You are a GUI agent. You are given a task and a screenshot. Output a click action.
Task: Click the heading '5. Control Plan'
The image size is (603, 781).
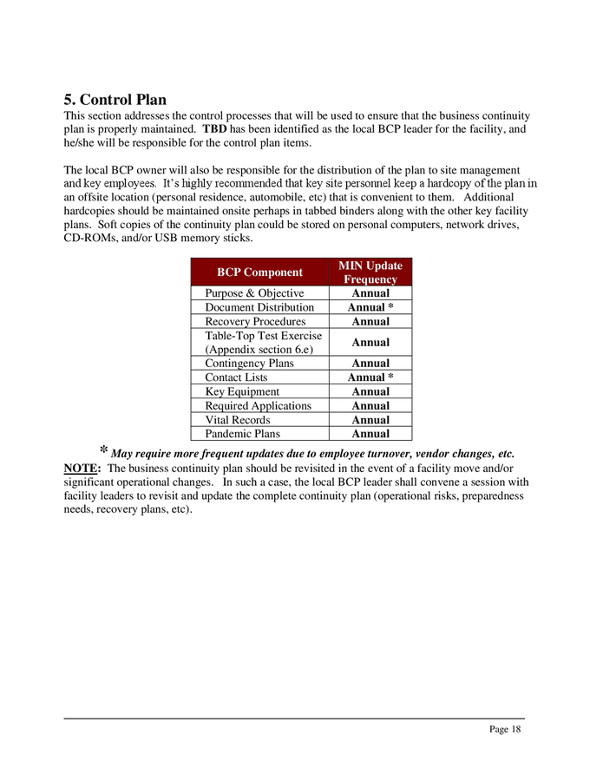(x=115, y=100)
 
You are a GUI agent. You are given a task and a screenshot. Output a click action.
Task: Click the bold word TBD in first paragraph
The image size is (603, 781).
(x=214, y=129)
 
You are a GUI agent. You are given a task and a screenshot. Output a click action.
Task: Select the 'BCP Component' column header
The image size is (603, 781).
(x=259, y=272)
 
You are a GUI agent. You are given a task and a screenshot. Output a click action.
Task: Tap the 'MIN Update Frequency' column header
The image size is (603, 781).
(x=370, y=272)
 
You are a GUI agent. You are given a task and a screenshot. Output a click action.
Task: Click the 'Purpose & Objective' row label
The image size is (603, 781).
(x=254, y=293)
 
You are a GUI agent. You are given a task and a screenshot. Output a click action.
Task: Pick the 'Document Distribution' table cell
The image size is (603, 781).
(x=259, y=307)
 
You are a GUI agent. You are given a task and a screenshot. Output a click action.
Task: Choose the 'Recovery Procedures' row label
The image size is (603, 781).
(x=255, y=321)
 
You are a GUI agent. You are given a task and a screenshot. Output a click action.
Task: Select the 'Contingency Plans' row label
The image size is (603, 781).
(x=249, y=364)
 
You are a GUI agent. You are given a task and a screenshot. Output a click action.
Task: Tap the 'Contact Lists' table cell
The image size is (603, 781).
(x=236, y=377)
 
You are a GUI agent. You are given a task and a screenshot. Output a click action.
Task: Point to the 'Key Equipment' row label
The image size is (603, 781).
(x=242, y=391)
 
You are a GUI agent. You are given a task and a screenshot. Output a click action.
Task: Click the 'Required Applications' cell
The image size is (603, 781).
(x=258, y=405)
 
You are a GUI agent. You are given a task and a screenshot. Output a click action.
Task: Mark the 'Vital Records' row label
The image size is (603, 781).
(x=237, y=420)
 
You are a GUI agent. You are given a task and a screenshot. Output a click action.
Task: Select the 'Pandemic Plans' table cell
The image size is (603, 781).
(x=242, y=434)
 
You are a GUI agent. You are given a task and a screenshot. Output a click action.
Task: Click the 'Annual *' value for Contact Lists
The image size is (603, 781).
(x=370, y=377)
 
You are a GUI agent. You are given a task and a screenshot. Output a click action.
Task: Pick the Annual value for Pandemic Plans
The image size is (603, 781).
(x=370, y=434)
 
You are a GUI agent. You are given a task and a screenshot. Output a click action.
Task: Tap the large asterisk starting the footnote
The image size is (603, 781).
(x=103, y=451)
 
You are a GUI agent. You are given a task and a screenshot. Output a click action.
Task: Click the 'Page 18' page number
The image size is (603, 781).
(x=505, y=730)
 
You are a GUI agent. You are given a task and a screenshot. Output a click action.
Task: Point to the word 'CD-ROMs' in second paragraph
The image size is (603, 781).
(x=88, y=239)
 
